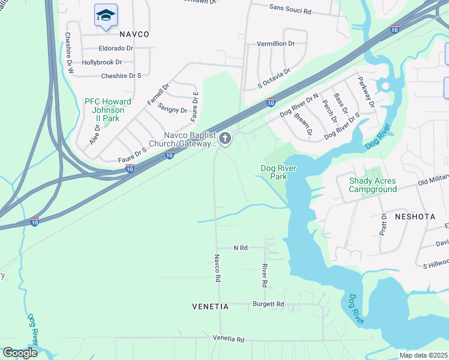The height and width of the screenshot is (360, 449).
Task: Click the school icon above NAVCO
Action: click(x=106, y=16)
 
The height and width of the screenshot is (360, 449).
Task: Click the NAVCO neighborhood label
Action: click(x=133, y=34)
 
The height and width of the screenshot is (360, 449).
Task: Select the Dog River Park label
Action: click(x=278, y=173)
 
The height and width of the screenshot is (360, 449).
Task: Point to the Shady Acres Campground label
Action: click(x=373, y=185)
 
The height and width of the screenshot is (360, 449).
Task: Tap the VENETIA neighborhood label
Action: click(x=210, y=307)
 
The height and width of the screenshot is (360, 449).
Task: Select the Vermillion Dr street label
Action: click(x=276, y=44)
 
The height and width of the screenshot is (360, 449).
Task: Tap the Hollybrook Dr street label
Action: click(x=102, y=62)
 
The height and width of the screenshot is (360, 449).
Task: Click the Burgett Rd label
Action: click(x=268, y=304)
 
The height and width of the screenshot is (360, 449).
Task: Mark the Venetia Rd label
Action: click(x=229, y=339)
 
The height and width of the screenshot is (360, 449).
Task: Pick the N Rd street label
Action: click(x=240, y=247)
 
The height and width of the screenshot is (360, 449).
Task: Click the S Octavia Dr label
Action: click(x=274, y=79)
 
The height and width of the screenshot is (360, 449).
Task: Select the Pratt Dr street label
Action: click(x=383, y=224)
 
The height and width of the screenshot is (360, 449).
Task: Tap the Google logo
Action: click(x=20, y=353)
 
